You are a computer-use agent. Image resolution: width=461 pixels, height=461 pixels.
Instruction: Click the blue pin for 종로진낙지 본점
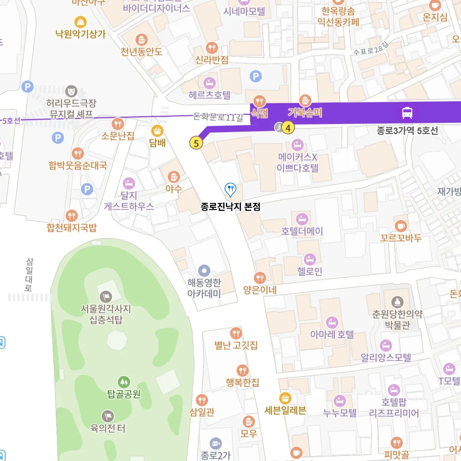[230, 189]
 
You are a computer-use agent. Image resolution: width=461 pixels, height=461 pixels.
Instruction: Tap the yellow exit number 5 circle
[196, 143]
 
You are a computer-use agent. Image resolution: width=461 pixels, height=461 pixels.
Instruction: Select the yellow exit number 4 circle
[288, 128]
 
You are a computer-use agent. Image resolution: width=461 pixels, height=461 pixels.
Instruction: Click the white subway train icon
[407, 113]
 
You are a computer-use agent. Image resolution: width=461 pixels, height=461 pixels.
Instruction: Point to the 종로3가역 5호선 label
[407, 131]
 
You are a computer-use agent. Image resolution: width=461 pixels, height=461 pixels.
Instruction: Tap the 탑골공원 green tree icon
[123, 382]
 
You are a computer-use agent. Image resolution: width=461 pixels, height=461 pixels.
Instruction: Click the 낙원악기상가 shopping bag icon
[80, 22]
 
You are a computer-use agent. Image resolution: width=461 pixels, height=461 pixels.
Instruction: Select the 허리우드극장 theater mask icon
[71, 91]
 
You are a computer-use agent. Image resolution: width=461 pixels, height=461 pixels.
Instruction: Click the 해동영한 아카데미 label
[204, 288]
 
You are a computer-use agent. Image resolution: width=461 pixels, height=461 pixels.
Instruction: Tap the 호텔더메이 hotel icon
[302, 219]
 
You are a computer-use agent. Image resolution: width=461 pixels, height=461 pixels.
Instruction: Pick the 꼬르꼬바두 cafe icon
[401, 226]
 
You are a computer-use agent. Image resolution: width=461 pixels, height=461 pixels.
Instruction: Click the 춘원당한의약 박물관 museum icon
[397, 302]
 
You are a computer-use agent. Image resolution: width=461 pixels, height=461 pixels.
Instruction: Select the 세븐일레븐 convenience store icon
[285, 398]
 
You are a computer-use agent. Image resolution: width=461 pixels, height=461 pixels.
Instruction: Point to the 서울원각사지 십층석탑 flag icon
[106, 297]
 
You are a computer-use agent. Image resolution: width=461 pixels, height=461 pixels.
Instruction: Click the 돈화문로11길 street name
[218, 117]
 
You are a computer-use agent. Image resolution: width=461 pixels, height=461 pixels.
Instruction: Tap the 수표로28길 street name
[370, 49]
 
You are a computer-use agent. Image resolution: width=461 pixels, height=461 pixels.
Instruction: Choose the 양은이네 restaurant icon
[260, 278]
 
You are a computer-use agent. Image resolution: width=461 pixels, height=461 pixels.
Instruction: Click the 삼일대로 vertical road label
[29, 274]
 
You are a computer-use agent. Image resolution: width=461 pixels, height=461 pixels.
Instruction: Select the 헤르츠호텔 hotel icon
[209, 83]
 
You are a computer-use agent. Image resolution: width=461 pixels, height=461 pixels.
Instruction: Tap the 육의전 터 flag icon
[108, 416]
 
